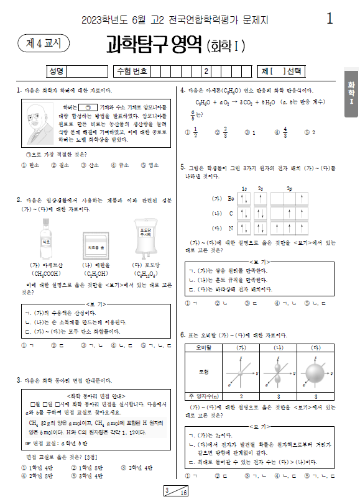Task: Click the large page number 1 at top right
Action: (330, 19)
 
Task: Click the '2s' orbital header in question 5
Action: (261, 188)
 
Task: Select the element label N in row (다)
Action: (230, 228)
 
